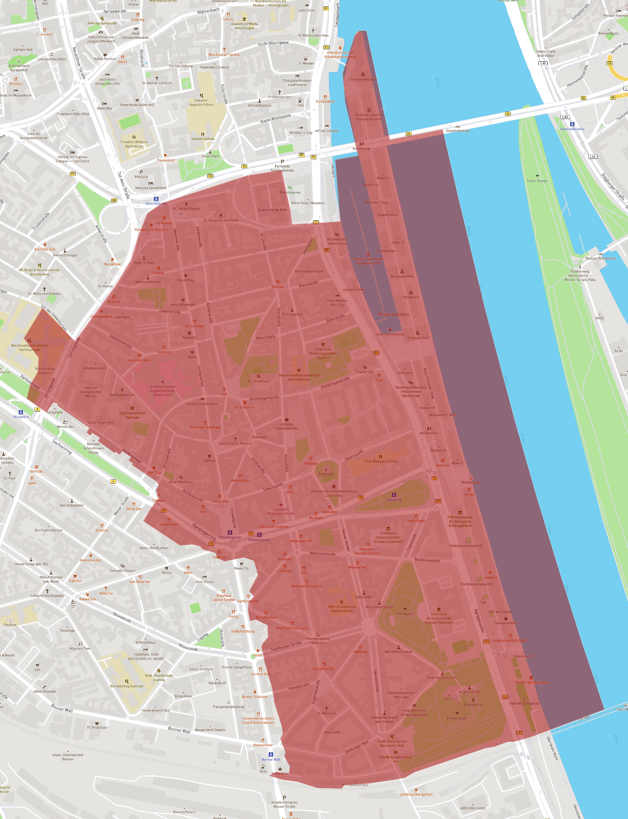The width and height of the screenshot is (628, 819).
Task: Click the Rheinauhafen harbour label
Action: coord(393,314)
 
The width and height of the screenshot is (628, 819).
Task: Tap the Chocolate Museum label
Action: coord(362,79)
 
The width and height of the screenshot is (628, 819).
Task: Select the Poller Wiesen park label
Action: coord(537,181)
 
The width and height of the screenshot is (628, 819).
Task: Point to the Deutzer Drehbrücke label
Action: coord(600,259)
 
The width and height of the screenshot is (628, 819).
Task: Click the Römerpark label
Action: coord(404,614)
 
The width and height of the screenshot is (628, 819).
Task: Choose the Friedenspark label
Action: coord(457,718)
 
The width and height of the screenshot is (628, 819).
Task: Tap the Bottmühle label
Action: coord(326,474)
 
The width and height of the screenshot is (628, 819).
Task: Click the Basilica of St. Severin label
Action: coord(235,443)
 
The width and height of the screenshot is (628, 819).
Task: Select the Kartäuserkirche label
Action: coord(122,395)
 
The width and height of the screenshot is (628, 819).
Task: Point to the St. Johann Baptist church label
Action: coord(186,209)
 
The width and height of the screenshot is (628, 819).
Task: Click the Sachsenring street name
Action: coord(62,446)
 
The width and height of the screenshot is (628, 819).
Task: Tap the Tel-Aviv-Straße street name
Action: coord(123,185)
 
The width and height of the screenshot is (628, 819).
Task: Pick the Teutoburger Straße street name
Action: coord(286,646)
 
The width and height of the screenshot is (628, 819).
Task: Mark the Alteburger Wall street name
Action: coord(357,746)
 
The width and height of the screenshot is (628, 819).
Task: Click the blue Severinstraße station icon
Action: coord(156,199)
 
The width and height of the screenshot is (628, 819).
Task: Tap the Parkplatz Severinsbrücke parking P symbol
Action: coord(282,162)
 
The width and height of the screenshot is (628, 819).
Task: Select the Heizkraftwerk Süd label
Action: coord(155,710)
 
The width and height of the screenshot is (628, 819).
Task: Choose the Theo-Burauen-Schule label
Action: coord(380,461)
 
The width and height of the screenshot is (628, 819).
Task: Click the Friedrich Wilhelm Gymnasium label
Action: coord(134,143)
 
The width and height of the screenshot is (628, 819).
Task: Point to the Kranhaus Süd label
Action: coord(418,338)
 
